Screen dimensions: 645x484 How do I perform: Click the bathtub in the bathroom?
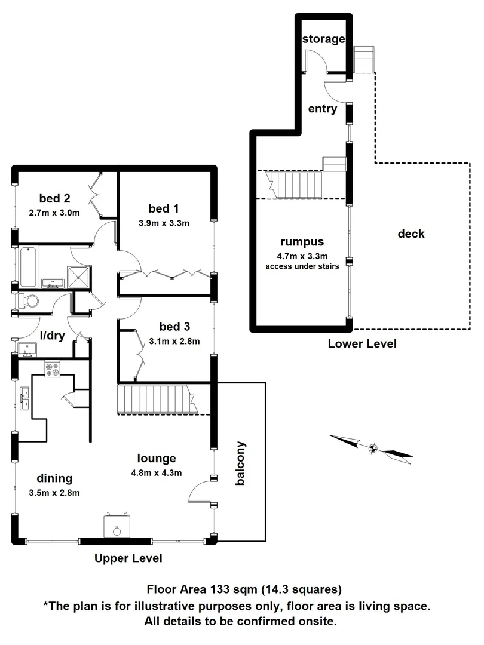(28, 268)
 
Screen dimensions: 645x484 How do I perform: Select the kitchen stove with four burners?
(53, 370)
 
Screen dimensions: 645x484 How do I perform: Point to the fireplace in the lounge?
(115, 526)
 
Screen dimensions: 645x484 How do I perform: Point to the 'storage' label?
(323, 39)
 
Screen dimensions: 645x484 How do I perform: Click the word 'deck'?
(411, 234)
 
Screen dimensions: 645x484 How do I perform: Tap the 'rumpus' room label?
(302, 242)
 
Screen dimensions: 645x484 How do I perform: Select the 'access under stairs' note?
(302, 266)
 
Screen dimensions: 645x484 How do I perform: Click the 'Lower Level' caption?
(362, 344)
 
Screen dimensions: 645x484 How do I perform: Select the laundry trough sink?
(26, 349)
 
